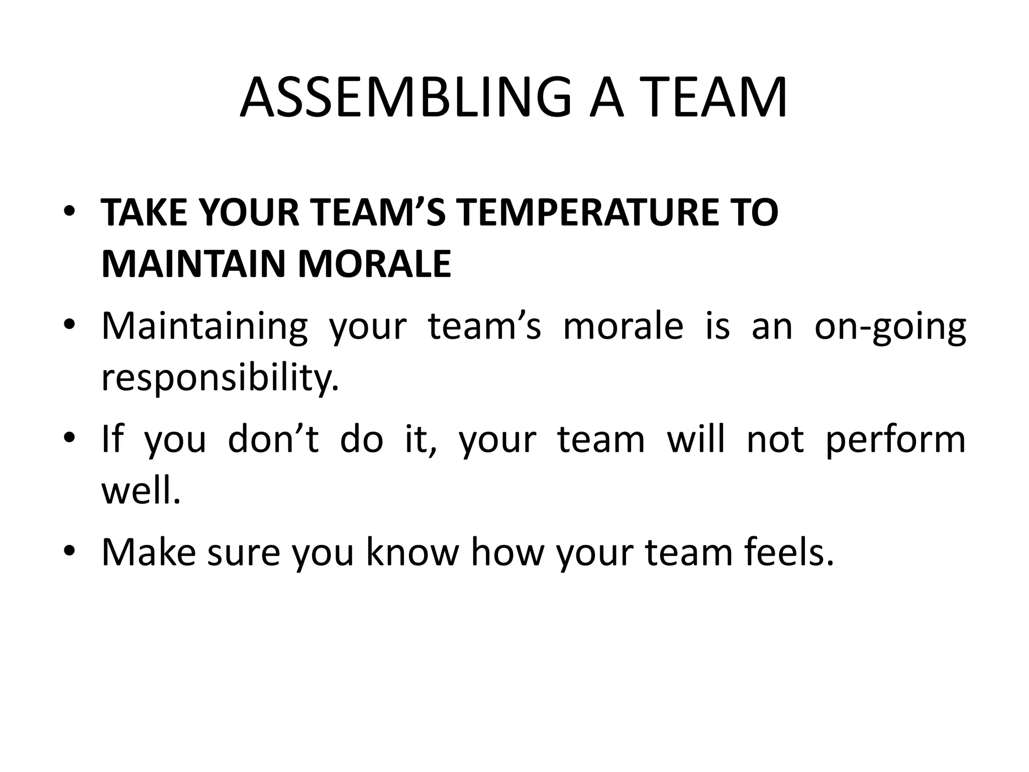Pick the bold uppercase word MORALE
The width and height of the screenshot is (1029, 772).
(x=374, y=264)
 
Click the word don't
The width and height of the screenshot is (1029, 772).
(x=273, y=439)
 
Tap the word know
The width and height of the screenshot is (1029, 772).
(x=413, y=552)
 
